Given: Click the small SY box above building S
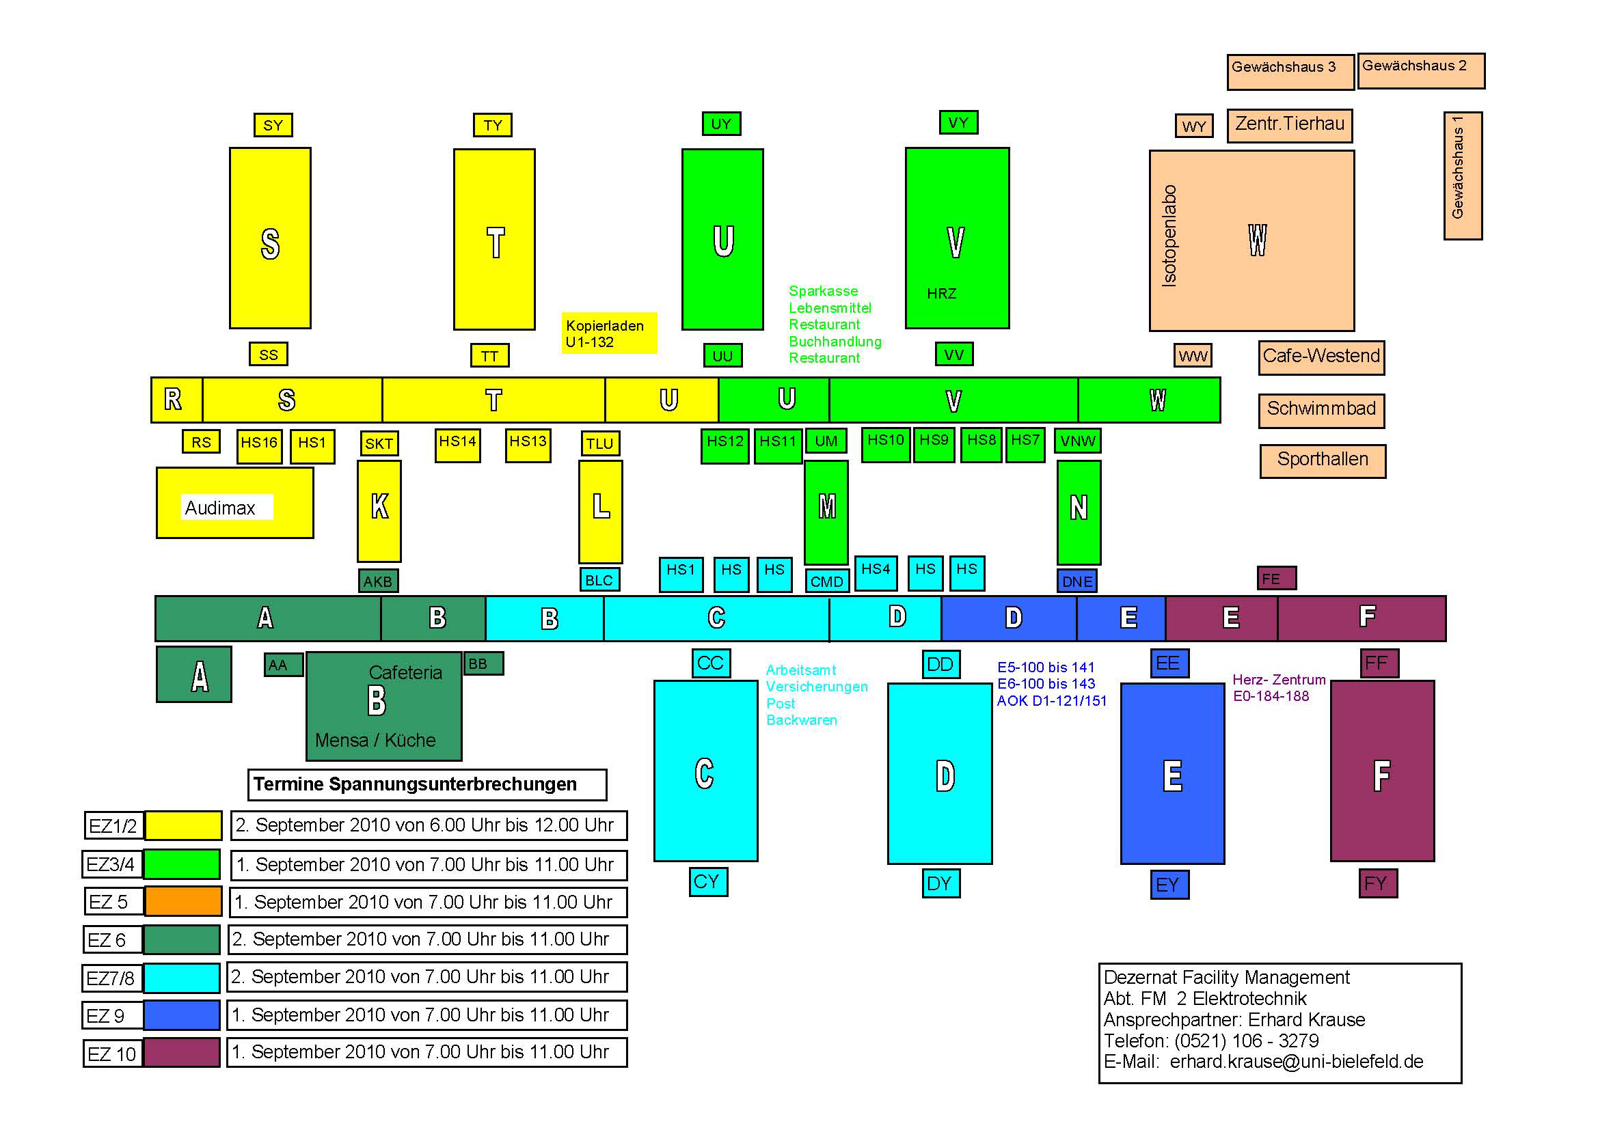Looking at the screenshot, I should coord(273,125).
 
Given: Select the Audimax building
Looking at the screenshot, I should coord(234,503).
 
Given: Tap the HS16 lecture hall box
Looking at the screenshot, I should coord(259,445).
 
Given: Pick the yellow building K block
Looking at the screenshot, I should coord(379,511).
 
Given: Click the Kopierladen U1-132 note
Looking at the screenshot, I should coord(609,333).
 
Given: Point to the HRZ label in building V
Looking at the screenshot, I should coord(941,294).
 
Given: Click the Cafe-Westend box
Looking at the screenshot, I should coord(1321,357).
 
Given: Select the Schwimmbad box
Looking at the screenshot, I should coord(1321,410).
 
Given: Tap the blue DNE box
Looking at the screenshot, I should coord(1076,581).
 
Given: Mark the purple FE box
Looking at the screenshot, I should coord(1277,578).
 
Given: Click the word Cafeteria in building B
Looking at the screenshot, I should coord(405,673).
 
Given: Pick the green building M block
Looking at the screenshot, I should coord(826,512).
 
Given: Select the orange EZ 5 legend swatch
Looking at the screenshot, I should coord(183,901).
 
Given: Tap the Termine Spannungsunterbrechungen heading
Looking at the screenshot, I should coord(426,784).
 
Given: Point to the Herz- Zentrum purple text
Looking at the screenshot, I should coord(1279,680).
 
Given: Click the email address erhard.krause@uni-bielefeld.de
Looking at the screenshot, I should coord(1296,1061).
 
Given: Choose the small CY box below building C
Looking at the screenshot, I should coord(708,881).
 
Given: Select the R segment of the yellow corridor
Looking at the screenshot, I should coord(176,400).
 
